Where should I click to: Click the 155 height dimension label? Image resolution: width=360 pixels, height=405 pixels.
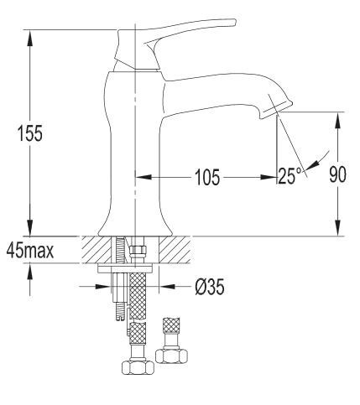click(30, 133)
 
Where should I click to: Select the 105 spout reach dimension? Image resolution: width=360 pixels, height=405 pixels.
click(207, 177)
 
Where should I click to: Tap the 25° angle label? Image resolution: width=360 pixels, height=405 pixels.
click(290, 176)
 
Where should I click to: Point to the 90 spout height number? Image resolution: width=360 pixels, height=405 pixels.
click(337, 174)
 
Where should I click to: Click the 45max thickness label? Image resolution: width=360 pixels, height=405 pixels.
click(30, 250)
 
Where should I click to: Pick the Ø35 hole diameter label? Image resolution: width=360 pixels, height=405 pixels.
click(210, 287)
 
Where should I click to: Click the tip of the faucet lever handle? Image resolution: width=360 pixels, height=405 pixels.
click(234, 22)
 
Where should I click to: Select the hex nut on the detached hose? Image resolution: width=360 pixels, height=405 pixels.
click(171, 355)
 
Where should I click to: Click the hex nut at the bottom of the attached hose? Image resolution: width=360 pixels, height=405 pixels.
click(138, 366)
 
